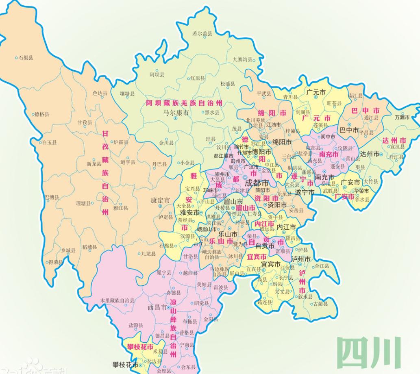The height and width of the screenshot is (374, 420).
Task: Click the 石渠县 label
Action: [x=26, y=58]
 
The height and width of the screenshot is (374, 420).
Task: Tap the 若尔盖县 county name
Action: [x=202, y=34]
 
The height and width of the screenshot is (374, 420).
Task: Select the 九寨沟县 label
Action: [x=243, y=59]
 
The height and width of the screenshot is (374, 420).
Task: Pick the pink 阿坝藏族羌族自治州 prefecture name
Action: [x=184, y=102]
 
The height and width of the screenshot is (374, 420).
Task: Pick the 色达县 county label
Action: [x=100, y=93]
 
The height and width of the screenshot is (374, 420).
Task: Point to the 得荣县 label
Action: [x=56, y=262]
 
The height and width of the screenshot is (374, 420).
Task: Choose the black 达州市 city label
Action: [x=370, y=154]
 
